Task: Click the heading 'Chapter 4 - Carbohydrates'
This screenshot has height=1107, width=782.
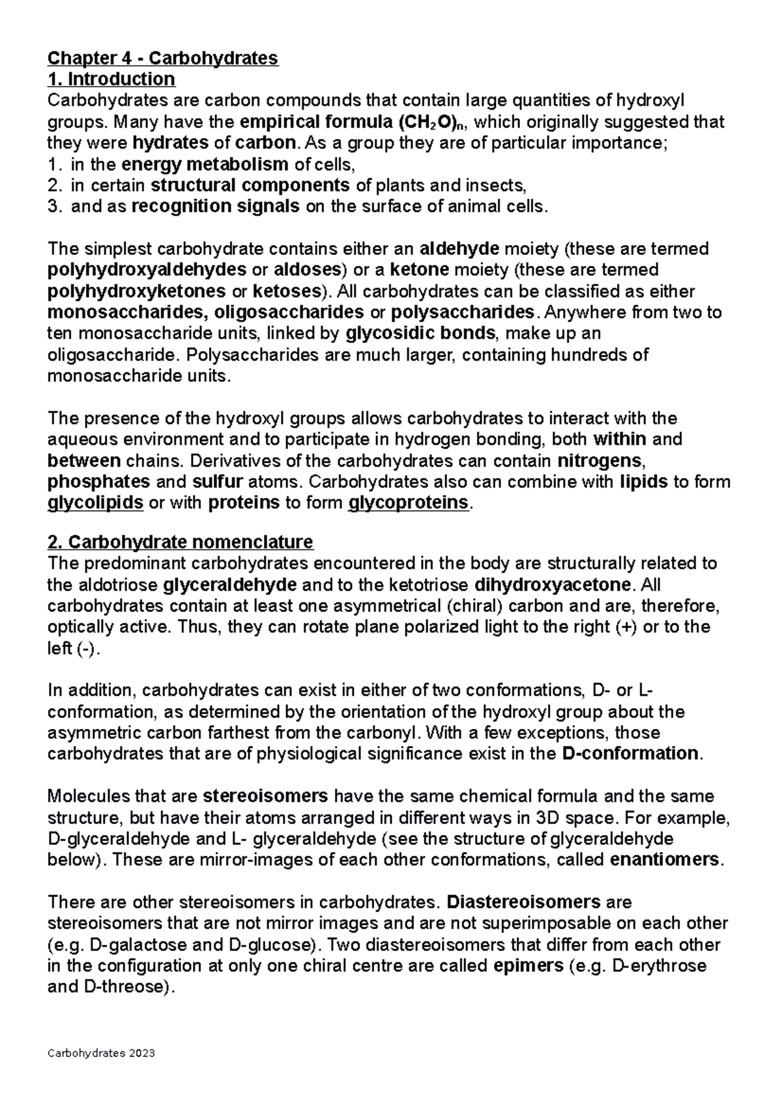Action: (x=163, y=58)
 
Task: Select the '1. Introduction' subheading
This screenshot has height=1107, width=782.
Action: (x=111, y=80)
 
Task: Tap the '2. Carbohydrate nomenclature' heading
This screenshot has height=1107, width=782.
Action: (x=181, y=542)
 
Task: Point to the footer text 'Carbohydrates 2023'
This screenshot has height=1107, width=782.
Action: (x=102, y=1054)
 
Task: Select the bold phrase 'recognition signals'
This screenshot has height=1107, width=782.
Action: (x=215, y=207)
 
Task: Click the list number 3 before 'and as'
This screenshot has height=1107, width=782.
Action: (x=53, y=207)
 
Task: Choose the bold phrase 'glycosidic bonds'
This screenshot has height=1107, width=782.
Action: (x=420, y=333)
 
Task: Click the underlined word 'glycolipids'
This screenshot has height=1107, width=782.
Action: (x=96, y=503)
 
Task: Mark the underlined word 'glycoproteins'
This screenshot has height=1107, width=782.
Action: (x=409, y=503)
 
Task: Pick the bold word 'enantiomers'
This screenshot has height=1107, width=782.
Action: (x=664, y=859)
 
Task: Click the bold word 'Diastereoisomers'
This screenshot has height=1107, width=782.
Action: (x=523, y=902)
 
